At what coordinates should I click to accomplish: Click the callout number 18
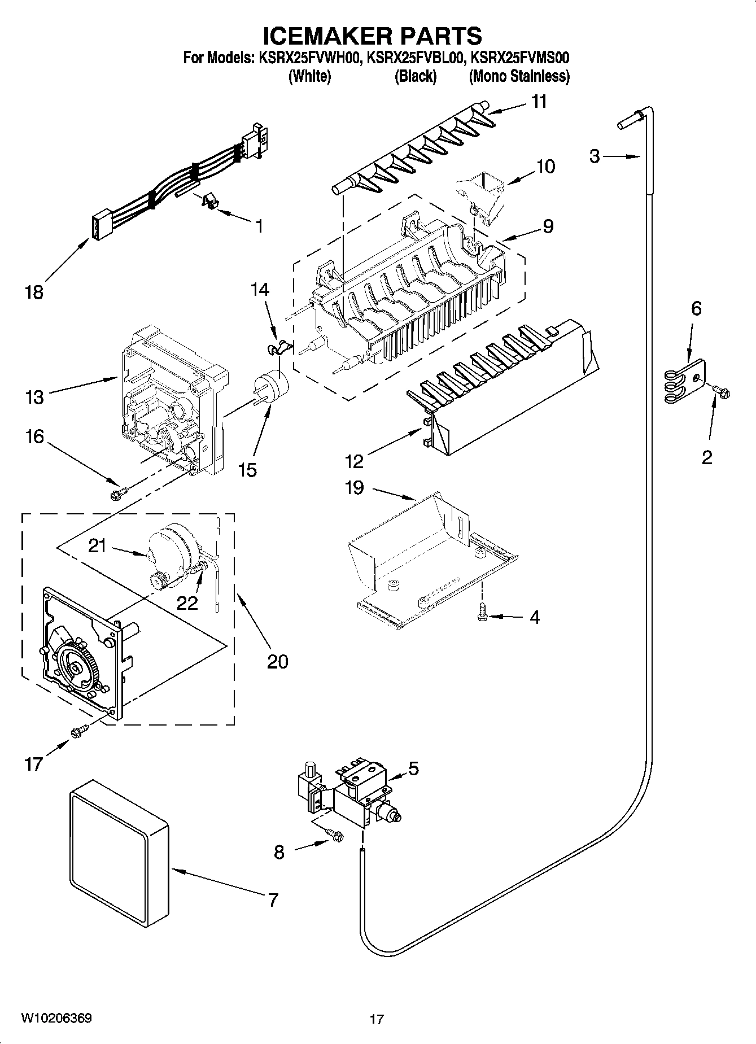(34, 292)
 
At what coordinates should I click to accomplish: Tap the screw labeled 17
(78, 732)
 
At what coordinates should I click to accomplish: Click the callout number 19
(354, 488)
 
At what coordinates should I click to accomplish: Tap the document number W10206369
(56, 1017)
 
